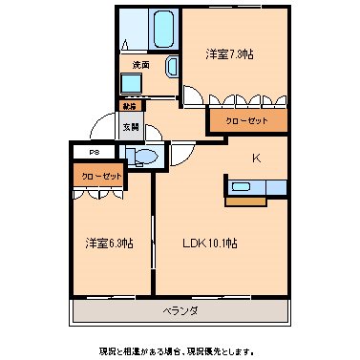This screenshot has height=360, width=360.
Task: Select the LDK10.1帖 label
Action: [211, 244]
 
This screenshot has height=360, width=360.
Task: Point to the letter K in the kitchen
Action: [256, 158]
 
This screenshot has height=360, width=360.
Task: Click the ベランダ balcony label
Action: [179, 311]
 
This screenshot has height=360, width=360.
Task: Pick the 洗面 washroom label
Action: [141, 65]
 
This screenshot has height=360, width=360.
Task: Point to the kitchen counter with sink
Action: [258, 187]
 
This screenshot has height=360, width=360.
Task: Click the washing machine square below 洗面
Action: [131, 84]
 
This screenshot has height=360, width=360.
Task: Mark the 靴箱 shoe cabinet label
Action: [128, 106]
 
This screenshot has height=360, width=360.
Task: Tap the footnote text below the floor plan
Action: [179, 349]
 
